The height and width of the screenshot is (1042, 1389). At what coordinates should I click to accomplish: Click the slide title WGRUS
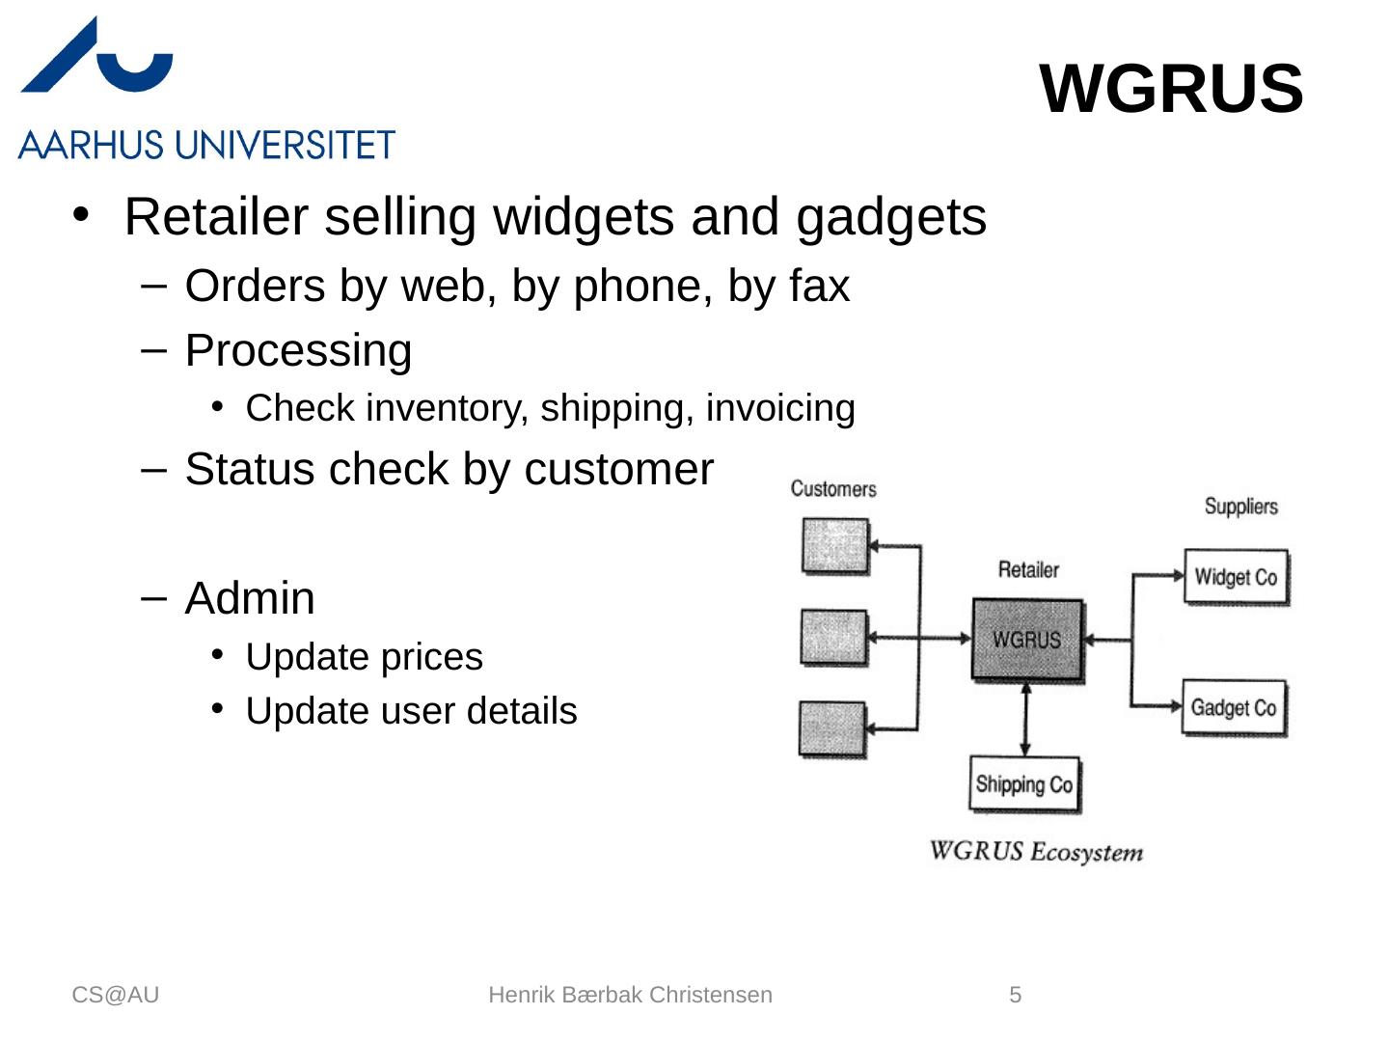(x=1171, y=89)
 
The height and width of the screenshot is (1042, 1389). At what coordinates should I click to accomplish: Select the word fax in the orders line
(x=819, y=287)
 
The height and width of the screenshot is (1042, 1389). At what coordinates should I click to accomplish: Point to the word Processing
(x=298, y=350)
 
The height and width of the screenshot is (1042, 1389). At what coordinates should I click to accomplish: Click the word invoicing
(x=780, y=408)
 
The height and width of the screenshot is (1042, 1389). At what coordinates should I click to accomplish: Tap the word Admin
(x=250, y=598)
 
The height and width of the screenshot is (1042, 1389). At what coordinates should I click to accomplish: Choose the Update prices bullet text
(x=364, y=657)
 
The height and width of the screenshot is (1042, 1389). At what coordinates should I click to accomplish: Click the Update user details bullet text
(x=411, y=711)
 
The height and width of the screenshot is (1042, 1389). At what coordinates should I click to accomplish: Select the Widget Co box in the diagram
(x=1236, y=577)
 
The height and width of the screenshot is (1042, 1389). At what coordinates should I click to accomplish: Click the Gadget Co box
(x=1234, y=708)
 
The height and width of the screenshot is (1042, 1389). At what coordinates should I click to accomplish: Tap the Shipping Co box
(x=1023, y=784)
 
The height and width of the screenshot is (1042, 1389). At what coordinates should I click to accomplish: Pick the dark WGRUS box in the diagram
(x=1027, y=640)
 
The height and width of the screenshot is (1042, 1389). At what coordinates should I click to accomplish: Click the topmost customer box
(x=835, y=546)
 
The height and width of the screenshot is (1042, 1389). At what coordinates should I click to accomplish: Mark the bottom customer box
(x=832, y=728)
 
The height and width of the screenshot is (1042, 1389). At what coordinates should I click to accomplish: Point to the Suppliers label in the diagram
(x=1240, y=507)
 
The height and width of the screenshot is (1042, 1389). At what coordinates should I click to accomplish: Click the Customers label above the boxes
(x=833, y=489)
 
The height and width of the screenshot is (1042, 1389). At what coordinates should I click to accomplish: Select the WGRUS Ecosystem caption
(x=1036, y=852)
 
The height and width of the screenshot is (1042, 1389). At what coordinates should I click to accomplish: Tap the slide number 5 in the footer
(x=1015, y=995)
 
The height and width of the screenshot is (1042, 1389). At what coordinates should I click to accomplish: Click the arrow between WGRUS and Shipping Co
(x=1025, y=720)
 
